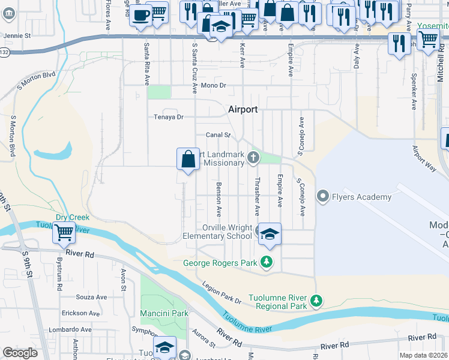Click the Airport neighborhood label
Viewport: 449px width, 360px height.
tap(243, 109)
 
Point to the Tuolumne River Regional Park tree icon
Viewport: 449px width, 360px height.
tap(317, 300)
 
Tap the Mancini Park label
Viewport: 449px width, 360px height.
tap(164, 313)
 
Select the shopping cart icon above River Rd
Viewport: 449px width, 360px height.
tap(64, 232)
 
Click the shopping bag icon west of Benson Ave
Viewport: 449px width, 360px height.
tap(188, 160)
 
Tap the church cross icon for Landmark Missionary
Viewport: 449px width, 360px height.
tap(253, 158)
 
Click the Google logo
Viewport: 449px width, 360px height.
tap(20, 353)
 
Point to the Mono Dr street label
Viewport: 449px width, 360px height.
tap(213, 86)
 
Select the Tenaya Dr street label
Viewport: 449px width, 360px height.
tap(168, 117)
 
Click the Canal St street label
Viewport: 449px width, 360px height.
tap(218, 135)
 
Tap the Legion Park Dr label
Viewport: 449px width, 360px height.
tap(221, 293)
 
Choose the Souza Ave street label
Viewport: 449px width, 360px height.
tap(91, 297)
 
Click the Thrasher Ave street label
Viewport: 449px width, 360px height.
tap(256, 197)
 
